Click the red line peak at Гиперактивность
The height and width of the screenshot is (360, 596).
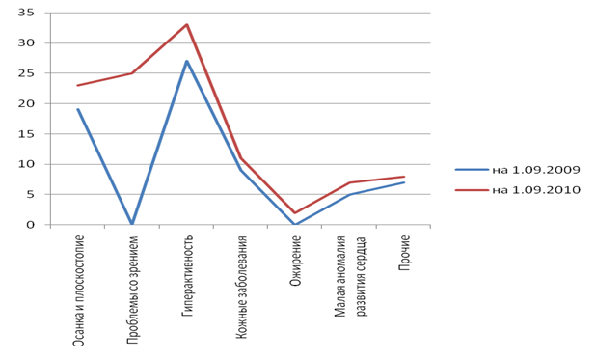coord(187,25)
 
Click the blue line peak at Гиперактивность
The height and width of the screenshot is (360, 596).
coord(187,61)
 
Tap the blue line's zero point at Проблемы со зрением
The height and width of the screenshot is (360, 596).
coord(132,224)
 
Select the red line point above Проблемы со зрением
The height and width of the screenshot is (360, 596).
coord(132,73)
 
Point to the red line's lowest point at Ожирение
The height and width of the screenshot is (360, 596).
coord(295,212)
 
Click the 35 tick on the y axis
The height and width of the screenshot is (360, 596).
coord(26,13)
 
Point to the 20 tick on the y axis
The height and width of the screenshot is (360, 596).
coord(26,103)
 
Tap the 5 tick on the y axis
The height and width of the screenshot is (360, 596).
coord(30,194)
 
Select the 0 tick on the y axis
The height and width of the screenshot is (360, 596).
coord(30,225)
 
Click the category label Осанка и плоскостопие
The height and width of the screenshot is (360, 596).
coord(78,291)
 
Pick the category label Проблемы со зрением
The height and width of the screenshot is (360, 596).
coord(132,290)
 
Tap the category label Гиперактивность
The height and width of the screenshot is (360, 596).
coord(187,276)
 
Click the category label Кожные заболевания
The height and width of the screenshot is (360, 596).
coord(242,287)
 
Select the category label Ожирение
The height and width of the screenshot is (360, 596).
coord(295,261)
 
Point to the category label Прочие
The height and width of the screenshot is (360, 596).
coord(404,253)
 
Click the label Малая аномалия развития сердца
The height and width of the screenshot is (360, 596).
coord(351,277)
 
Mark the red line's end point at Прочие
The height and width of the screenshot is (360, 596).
coord(404,177)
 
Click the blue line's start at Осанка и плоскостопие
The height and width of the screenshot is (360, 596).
coord(78,109)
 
